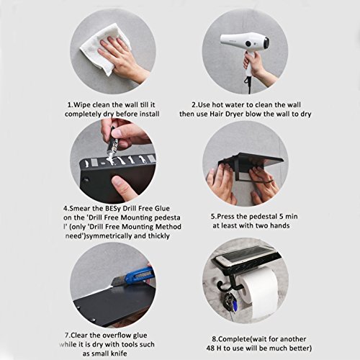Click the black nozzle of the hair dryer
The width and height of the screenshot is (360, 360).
(266, 42)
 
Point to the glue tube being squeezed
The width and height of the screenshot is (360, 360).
(112, 143)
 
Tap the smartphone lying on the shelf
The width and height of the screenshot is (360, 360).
(245, 257)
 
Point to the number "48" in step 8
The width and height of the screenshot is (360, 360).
(210, 348)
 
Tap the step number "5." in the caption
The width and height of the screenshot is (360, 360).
(213, 217)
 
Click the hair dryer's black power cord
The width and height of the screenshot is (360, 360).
(248, 84)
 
